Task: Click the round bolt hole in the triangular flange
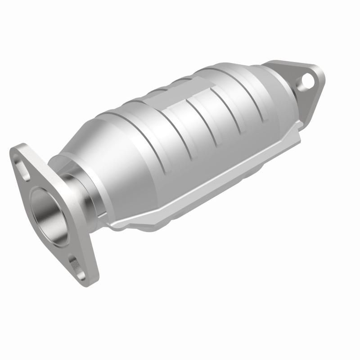tap(308, 81)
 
